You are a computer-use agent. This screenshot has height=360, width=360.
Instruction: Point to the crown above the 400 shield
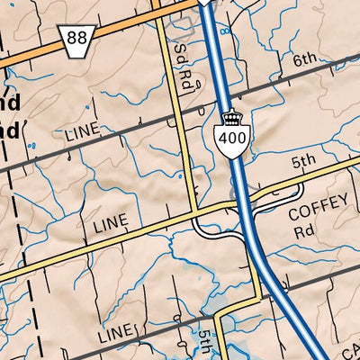[x=232, y=119]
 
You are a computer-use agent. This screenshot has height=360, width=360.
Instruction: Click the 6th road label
[x=305, y=60]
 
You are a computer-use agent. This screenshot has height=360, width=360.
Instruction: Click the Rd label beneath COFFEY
[x=304, y=230]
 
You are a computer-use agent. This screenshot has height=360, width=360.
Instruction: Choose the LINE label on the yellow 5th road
[x=111, y=221]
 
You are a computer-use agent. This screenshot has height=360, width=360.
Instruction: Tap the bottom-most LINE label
[x=114, y=334]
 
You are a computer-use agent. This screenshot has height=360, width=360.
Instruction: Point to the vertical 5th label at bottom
[x=204, y=343]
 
